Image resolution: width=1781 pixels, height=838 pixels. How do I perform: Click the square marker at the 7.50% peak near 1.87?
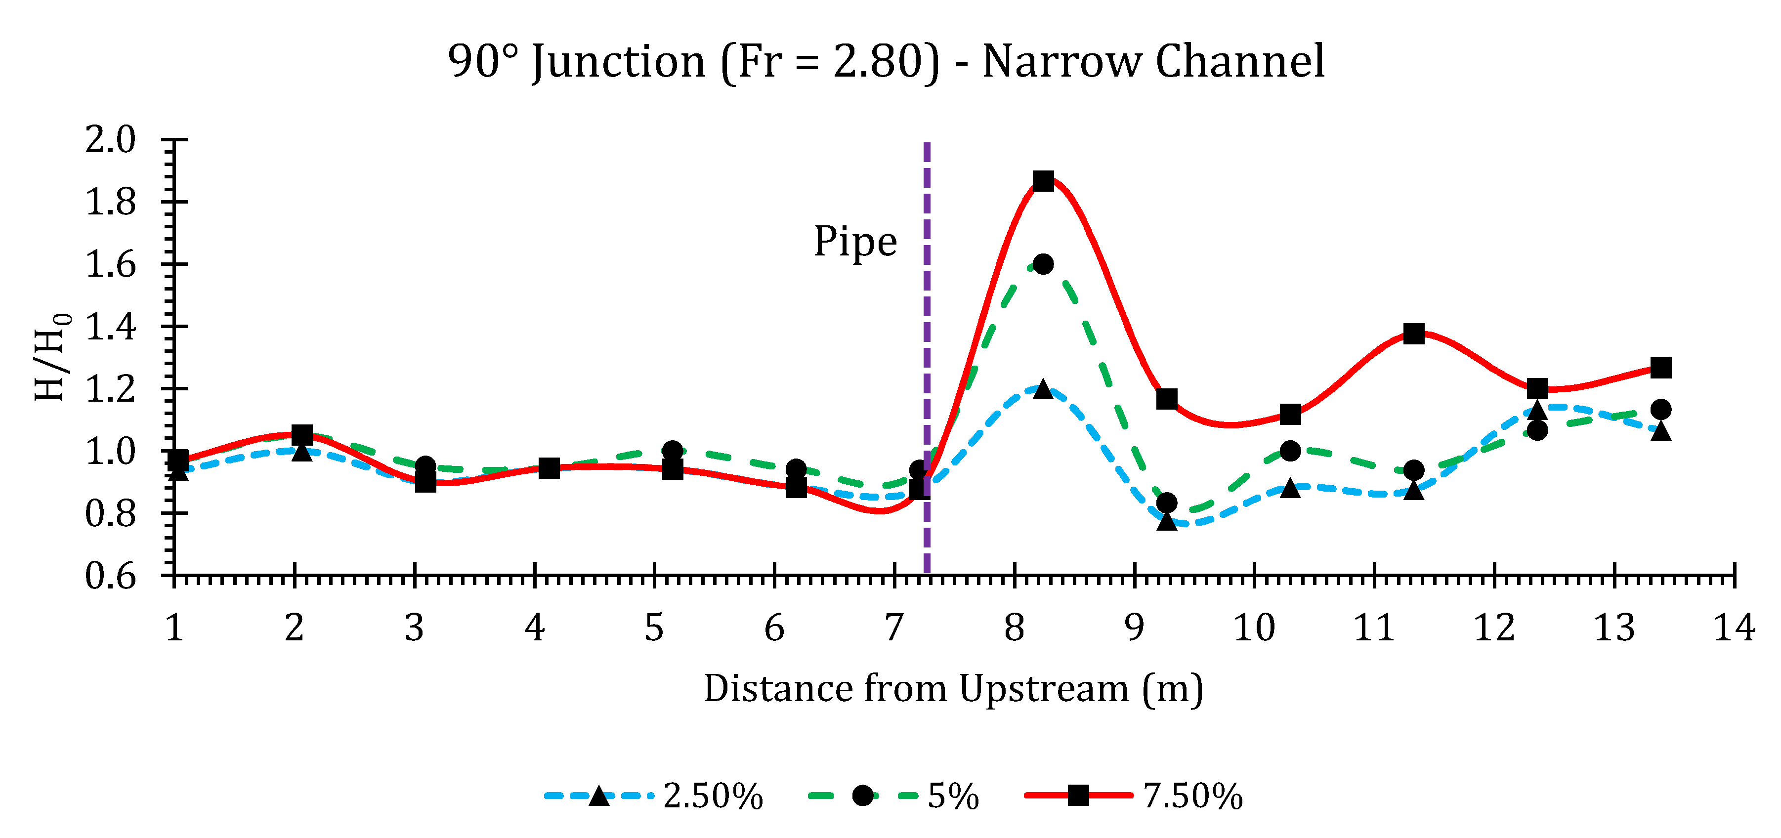(1043, 181)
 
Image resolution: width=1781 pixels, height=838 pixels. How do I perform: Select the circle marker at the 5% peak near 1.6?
(1043, 264)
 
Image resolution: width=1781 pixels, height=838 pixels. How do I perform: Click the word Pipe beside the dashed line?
(855, 242)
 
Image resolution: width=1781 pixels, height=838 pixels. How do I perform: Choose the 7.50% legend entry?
(1134, 796)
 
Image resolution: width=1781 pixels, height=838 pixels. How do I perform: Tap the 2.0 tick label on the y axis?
(111, 140)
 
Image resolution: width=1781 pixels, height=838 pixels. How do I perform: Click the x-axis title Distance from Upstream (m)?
(953, 689)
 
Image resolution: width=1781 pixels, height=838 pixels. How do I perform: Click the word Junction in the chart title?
(619, 62)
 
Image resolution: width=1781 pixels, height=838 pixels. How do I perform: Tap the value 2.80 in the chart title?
(877, 62)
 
